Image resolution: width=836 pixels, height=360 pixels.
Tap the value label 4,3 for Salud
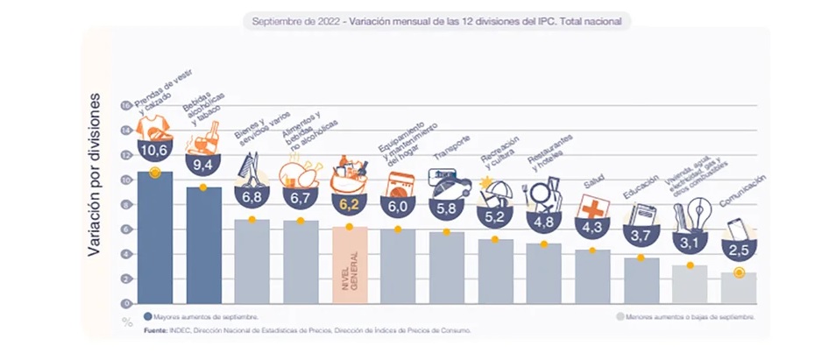click(x=593, y=225)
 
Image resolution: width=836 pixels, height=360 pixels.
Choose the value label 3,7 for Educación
click(x=641, y=234)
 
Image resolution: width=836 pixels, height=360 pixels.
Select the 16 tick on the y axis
click(x=124, y=104)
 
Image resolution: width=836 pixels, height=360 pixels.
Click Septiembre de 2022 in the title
click(x=296, y=21)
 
